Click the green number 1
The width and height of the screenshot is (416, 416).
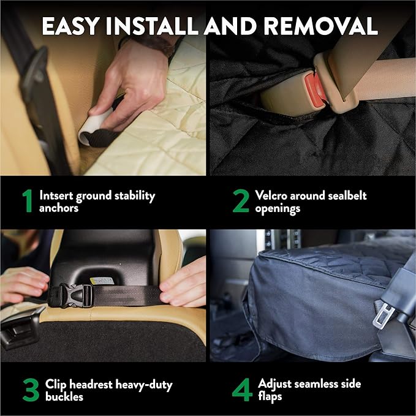pyautogui.click(x=27, y=202)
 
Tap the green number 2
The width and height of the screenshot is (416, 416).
pyautogui.click(x=241, y=202)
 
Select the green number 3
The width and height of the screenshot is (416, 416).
pyautogui.click(x=29, y=390)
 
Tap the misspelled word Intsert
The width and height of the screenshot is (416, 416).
pyautogui.click(x=58, y=195)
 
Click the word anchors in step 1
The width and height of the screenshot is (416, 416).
pyautogui.click(x=58, y=208)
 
